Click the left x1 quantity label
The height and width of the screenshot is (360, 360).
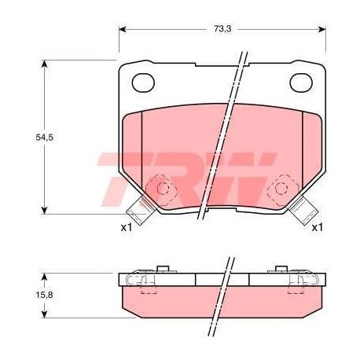[x=126, y=228]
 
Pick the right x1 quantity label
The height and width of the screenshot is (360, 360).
[x=318, y=228]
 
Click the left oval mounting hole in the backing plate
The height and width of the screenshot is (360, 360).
[x=143, y=81]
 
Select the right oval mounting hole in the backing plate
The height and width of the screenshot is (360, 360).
[x=301, y=81]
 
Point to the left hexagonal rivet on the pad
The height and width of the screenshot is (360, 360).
[x=163, y=189]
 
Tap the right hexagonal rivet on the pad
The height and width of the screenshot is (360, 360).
[x=280, y=189]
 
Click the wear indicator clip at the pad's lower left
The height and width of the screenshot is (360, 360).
[x=140, y=210]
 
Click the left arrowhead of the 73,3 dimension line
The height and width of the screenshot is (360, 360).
[x=123, y=30]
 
